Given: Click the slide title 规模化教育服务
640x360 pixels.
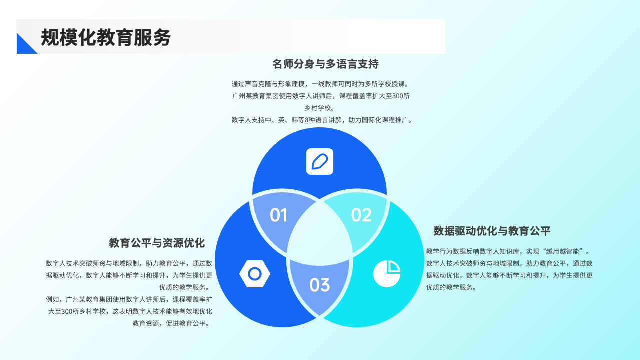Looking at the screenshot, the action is point(106,38).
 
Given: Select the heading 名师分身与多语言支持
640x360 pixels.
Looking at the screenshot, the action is point(325,64).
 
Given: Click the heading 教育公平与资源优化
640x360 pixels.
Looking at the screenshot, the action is point(157,243).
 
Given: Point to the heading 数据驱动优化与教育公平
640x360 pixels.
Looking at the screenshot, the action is point(492,231).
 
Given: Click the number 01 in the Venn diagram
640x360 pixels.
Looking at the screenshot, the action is point(278,215).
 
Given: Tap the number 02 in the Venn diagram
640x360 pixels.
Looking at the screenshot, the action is point(361,215).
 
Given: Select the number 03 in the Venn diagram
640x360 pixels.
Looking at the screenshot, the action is point(319,285).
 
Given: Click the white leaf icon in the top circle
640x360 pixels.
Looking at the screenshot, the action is point(320,162).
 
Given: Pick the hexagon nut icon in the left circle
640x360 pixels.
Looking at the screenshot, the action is point(255,274).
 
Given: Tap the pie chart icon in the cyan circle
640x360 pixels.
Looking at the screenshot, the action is point(387,274).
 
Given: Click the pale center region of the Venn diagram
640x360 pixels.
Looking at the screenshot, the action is point(320,235).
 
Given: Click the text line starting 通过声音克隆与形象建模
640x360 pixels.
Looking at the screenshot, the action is point(320,84).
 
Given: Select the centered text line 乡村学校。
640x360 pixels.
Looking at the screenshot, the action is point(320,108).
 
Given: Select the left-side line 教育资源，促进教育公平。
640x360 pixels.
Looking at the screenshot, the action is point(172,323).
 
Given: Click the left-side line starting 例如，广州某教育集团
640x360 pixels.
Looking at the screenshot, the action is point(129,299).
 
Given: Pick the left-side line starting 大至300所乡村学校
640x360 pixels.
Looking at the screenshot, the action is point(130,311).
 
